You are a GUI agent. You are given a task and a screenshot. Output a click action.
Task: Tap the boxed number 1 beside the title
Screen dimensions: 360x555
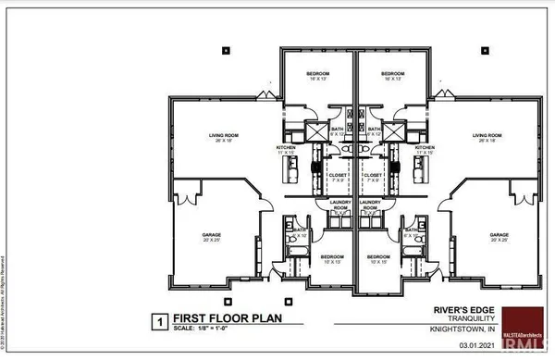click(x=158, y=322)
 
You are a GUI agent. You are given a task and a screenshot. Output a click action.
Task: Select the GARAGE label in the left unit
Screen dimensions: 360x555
click(x=211, y=235)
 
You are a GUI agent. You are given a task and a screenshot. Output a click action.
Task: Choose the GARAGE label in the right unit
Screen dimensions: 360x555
click(x=502, y=235)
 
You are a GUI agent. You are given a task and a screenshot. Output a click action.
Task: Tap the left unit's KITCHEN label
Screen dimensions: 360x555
click(x=287, y=147)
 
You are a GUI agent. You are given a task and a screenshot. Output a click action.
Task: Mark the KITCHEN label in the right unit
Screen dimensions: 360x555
click(x=425, y=147)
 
